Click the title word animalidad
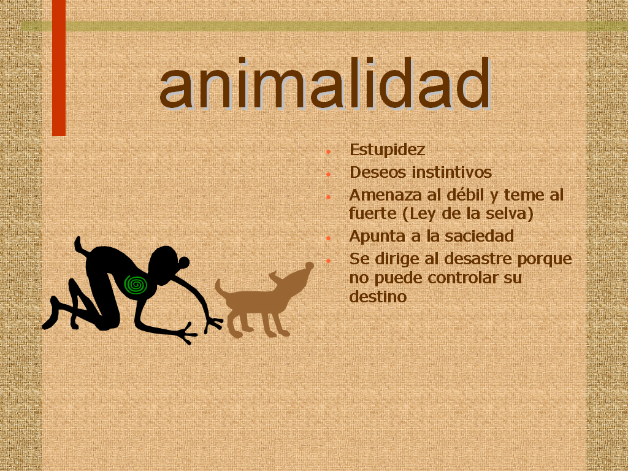[x=325, y=83]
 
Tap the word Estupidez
[x=387, y=150]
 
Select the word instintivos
[x=452, y=172]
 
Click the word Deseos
[x=378, y=172]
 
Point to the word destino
[x=378, y=297]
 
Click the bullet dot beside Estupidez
[x=329, y=152]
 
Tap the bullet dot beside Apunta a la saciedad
[x=329, y=238]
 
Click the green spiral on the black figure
[x=136, y=285]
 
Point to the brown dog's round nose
[x=310, y=266]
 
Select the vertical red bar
[x=59, y=68]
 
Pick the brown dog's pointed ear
[x=275, y=277]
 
